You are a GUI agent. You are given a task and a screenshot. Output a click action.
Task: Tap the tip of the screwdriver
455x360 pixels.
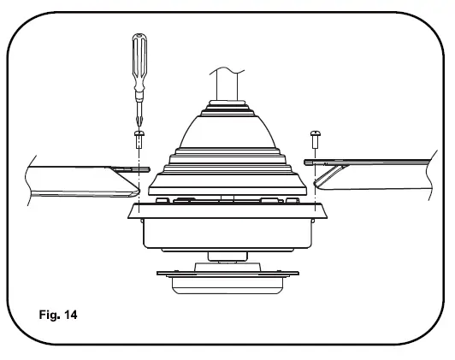pyautogui.click(x=139, y=124)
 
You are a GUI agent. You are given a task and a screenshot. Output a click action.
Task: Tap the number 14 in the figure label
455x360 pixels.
pyautogui.click(x=68, y=315)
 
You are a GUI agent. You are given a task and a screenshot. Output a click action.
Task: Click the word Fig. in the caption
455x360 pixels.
pyautogui.click(x=47, y=315)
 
